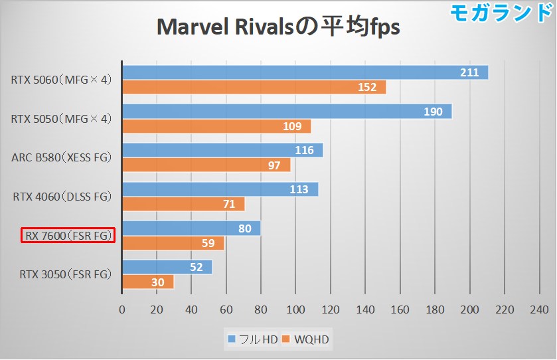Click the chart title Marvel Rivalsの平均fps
pos(278,28)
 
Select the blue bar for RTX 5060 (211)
pos(305,72)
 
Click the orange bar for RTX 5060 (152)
pos(254,87)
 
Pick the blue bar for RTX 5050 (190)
pos(286,112)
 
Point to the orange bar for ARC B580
pos(206,165)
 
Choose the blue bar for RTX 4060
pos(220,189)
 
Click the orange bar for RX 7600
pos(173,243)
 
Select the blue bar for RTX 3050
pos(167,267)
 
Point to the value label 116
pos(304,150)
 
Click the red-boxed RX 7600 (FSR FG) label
pos(68,235)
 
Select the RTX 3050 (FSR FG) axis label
pos(65,274)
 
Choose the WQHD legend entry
pos(306,340)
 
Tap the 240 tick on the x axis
pos(539,310)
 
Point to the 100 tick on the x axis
pos(295,310)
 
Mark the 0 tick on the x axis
pos(121,310)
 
